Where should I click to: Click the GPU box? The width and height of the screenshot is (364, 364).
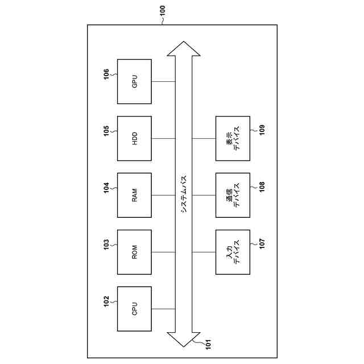click(x=135, y=81)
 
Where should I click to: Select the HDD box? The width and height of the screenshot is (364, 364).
click(x=135, y=138)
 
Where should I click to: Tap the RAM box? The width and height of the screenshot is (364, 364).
click(x=135, y=195)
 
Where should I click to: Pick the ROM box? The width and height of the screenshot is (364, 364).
click(x=135, y=252)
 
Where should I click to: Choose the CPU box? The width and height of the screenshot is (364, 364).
click(x=135, y=309)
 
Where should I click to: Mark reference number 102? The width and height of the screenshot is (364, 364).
click(x=106, y=301)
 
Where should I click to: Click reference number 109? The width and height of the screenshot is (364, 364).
click(x=262, y=131)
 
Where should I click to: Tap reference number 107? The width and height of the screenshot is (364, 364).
click(x=262, y=245)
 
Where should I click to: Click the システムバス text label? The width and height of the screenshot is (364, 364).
click(x=184, y=193)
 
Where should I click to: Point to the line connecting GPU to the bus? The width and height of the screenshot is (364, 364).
click(x=163, y=81)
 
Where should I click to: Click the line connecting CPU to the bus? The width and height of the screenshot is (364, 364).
click(x=163, y=309)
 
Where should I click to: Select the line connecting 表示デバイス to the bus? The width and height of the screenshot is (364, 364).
click(x=204, y=138)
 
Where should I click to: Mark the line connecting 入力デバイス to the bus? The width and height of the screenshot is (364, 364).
click(x=204, y=252)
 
